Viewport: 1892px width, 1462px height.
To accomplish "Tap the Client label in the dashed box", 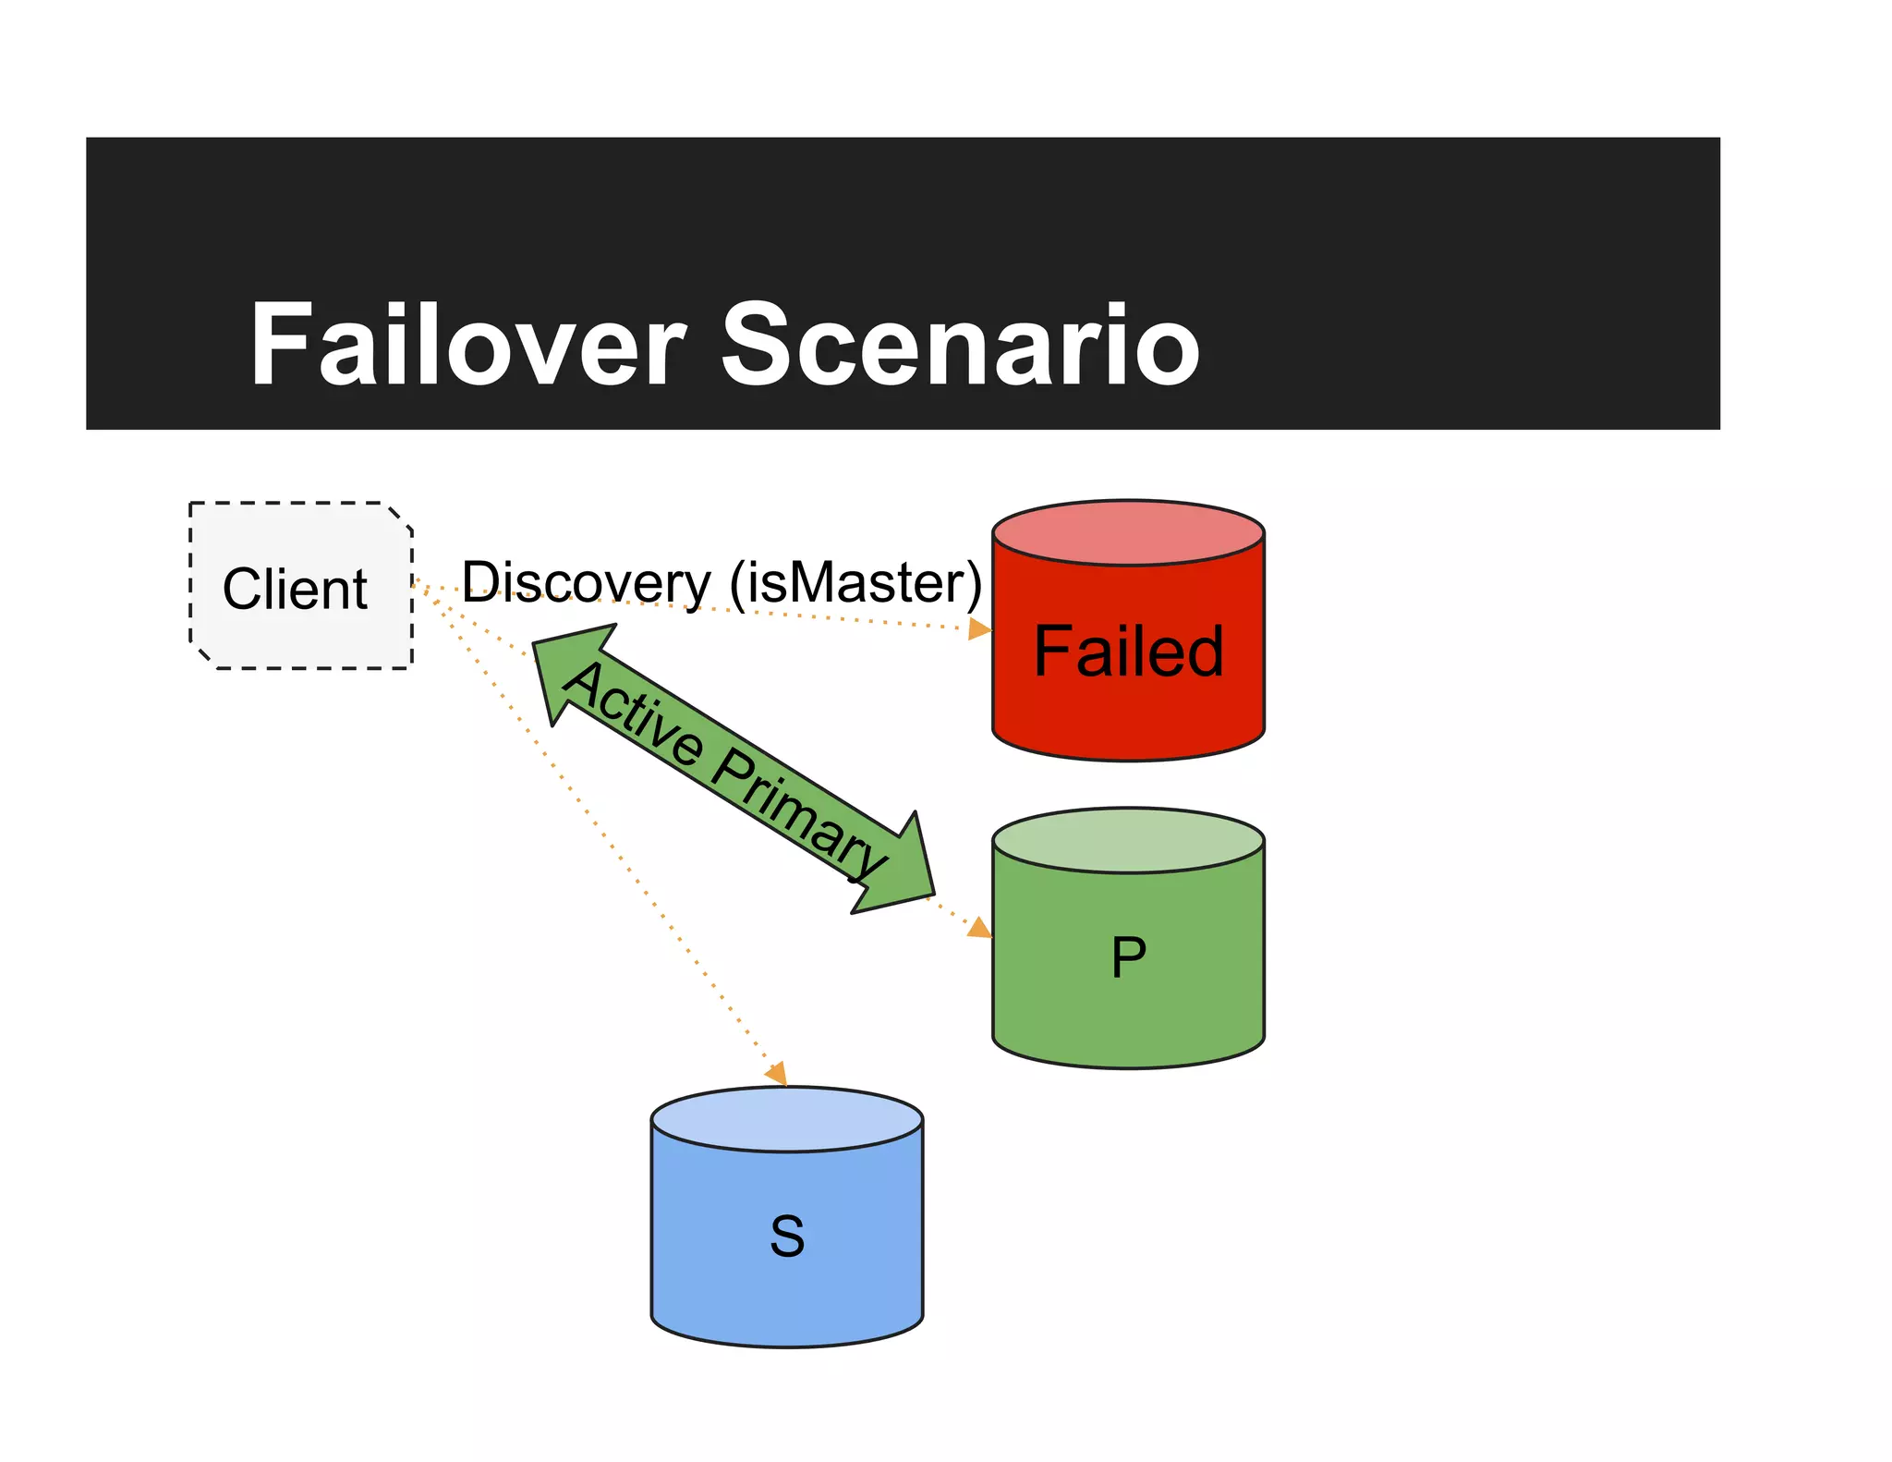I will click(295, 589).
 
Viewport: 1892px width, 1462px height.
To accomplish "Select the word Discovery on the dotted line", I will click(586, 582).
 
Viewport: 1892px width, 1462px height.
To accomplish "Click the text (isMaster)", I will click(855, 582).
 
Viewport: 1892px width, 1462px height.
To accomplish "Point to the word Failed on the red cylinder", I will click(1128, 652).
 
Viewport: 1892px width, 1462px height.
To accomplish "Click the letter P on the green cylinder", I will click(1128, 957).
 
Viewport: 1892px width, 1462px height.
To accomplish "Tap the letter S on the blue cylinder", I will click(787, 1237).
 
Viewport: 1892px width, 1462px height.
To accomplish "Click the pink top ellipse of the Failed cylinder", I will click(1128, 533).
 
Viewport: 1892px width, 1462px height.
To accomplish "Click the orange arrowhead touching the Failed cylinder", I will click(979, 630).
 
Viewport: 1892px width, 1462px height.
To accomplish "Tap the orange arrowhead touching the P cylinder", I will click(979, 927).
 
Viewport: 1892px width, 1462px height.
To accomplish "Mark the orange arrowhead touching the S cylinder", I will click(777, 1073).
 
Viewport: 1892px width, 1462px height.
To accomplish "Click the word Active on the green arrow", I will click(633, 713).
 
